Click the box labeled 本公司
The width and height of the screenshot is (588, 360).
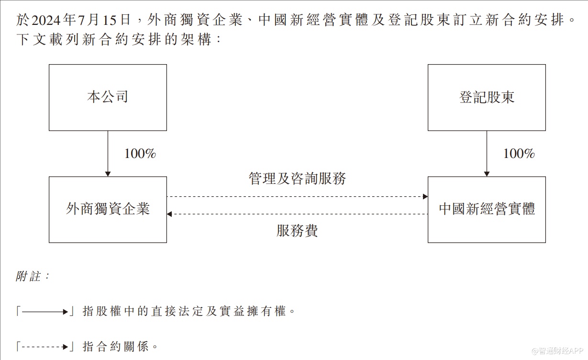[108, 98]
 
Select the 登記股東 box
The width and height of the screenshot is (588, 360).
[487, 98]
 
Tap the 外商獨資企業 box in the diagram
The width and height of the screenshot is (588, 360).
[108, 209]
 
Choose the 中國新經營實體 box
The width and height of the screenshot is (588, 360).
[487, 209]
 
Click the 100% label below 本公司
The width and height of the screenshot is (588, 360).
[140, 154]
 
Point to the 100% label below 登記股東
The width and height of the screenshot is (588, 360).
[519, 154]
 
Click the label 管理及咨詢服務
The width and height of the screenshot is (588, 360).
[297, 179]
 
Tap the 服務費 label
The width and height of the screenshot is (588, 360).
[297, 231]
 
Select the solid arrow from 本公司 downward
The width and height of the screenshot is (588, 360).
[108, 154]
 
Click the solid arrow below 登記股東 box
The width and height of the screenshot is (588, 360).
[487, 154]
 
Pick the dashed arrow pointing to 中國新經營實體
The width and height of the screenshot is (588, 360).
[297, 196]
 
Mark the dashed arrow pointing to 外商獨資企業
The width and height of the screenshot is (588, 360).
[297, 214]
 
